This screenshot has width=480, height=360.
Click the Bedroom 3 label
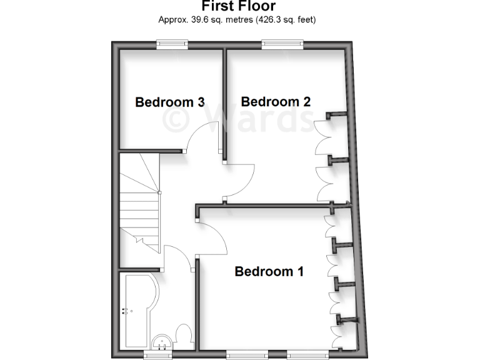point(170,102)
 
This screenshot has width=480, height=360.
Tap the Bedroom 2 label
point(276,101)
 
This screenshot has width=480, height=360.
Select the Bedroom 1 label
point(269,271)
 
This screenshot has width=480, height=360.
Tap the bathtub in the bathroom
point(136,310)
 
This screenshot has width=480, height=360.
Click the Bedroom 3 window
point(172,43)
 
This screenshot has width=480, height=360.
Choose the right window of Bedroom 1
point(307,354)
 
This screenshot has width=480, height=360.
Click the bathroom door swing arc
point(177,257)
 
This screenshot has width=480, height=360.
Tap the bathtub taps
point(126,310)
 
